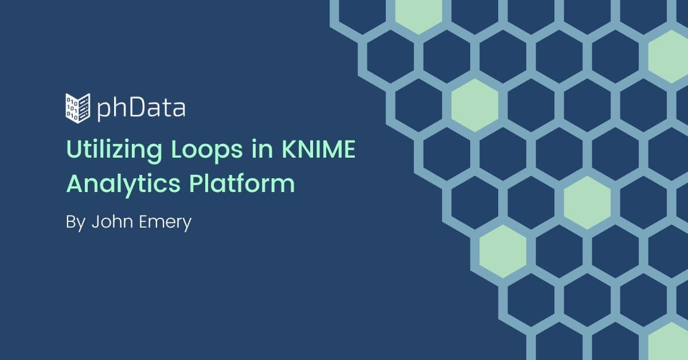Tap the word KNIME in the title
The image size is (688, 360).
[319, 149]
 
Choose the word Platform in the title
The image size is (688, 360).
[242, 183]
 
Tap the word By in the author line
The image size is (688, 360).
[76, 222]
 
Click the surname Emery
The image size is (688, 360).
[165, 222]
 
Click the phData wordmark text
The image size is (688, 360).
[141, 108]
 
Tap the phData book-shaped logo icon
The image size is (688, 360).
[78, 108]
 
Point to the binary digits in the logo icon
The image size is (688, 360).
[72, 108]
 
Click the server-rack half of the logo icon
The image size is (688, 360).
[84, 108]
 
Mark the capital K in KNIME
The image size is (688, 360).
[290, 149]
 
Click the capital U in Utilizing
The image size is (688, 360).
[74, 150]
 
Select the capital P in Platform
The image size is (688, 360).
[196, 183]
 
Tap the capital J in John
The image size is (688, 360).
[95, 222]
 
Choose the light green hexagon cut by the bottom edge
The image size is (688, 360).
[669, 342]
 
